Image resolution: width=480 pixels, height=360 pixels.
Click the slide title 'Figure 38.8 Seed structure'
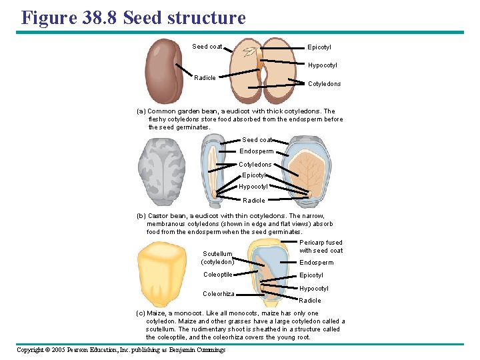(x=133, y=17)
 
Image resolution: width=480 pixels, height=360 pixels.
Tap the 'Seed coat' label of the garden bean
(x=207, y=47)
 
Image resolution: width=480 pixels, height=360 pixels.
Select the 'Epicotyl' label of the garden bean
(x=319, y=47)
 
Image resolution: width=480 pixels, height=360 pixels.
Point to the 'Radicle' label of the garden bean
(x=205, y=78)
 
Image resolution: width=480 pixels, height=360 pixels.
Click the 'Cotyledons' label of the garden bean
(x=324, y=84)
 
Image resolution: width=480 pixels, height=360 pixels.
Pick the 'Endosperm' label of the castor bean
(x=255, y=151)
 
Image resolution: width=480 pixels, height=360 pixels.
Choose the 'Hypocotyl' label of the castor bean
(x=253, y=187)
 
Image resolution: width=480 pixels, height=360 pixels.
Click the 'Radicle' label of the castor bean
(x=253, y=200)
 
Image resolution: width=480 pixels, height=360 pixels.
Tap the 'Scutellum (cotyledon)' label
(x=217, y=258)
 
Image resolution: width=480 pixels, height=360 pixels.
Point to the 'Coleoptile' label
(x=218, y=275)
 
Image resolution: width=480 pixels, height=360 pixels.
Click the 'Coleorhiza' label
(x=219, y=294)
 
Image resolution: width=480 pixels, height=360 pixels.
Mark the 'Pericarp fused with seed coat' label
(x=321, y=247)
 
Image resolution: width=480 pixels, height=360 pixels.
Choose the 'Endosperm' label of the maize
(x=316, y=263)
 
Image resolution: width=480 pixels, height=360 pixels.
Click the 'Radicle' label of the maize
(x=310, y=301)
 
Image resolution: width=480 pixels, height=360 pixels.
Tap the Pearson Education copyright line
(x=121, y=350)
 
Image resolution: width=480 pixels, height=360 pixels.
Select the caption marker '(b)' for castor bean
(x=141, y=216)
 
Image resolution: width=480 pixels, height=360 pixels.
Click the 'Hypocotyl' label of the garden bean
(x=322, y=65)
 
